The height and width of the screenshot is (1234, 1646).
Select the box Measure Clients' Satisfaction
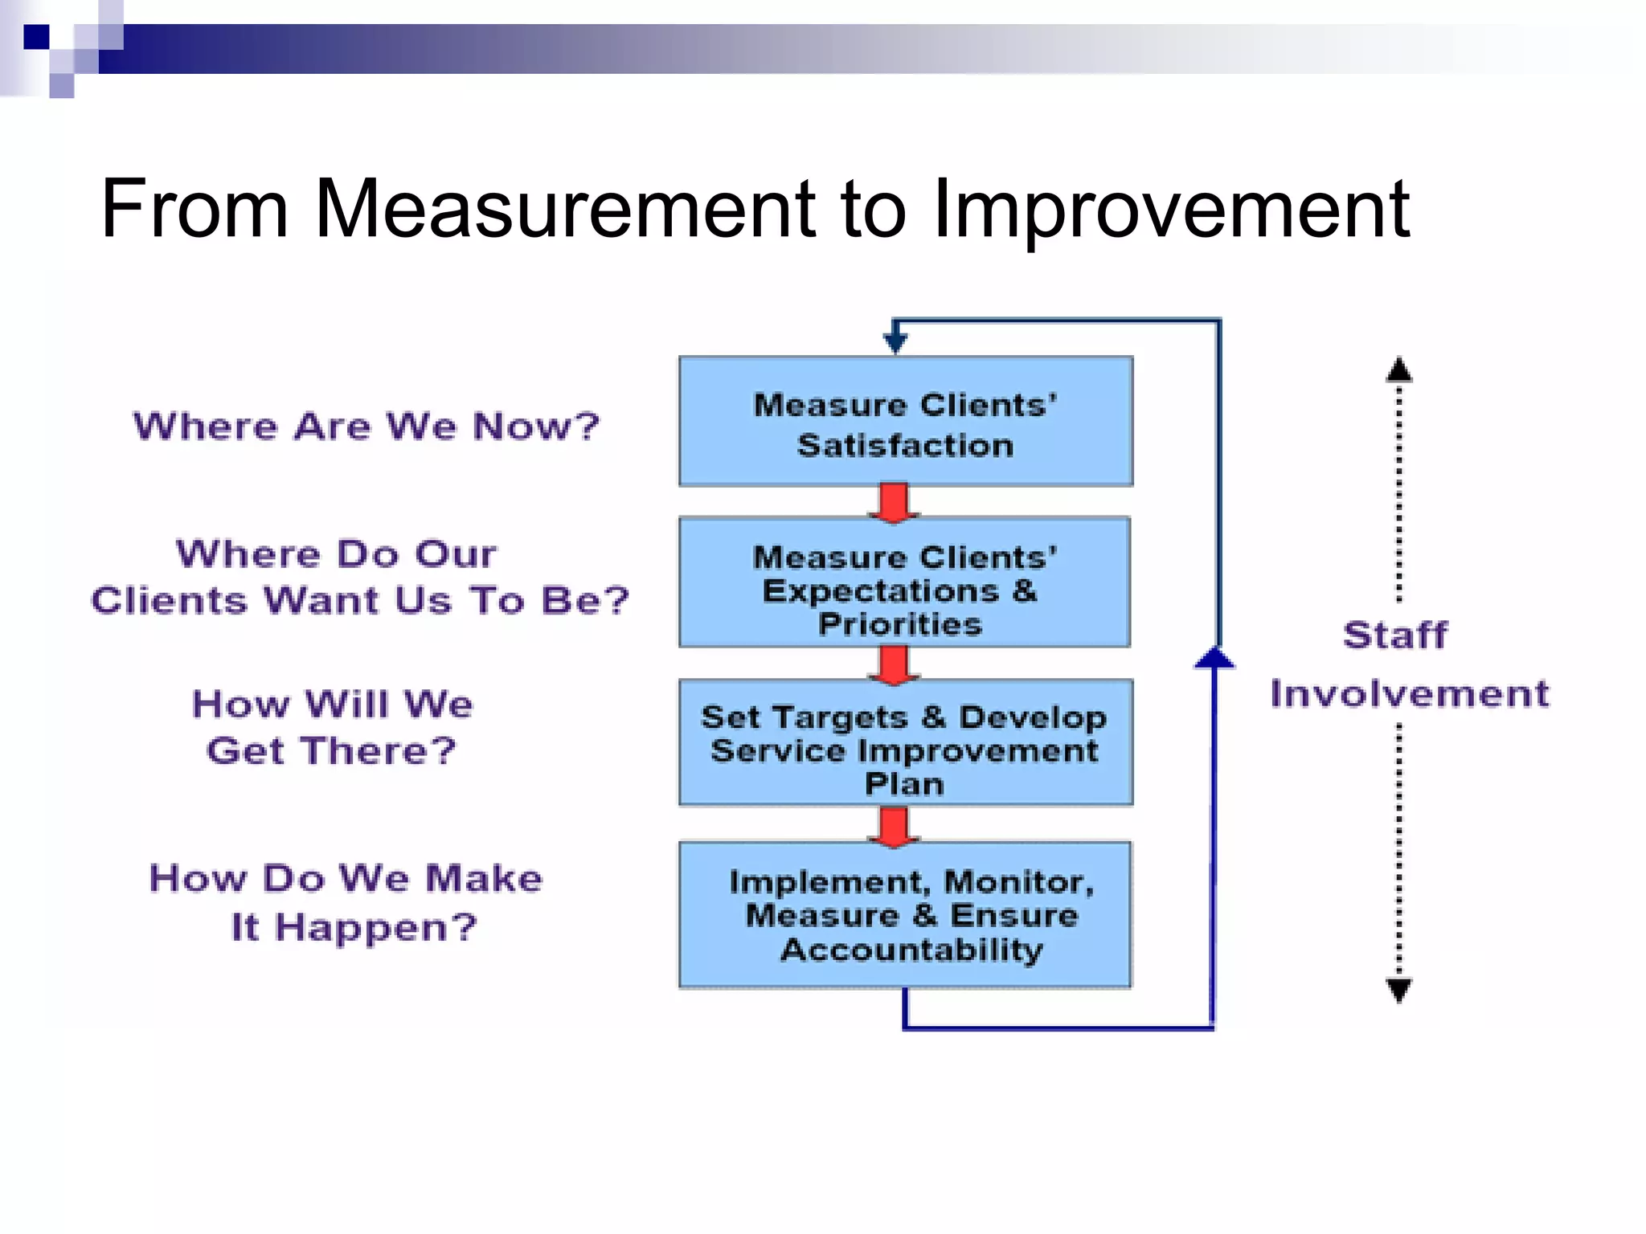tap(906, 422)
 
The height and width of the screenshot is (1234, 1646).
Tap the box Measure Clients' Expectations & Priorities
tap(904, 582)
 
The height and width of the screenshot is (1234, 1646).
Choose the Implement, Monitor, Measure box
tap(905, 915)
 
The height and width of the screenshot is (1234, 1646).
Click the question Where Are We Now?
tap(366, 426)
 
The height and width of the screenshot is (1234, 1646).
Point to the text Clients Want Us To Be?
tap(360, 600)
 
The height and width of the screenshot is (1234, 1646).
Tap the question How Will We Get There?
tap(332, 727)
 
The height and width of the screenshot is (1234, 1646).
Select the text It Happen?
tap(354, 927)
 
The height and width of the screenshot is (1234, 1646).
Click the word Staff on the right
tap(1395, 635)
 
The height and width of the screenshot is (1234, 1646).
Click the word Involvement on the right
tap(1410, 694)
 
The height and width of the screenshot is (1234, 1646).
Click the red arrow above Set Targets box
tap(894, 665)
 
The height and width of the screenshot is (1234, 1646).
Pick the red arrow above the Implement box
tap(894, 826)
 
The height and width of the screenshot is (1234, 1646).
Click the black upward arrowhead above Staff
tap(1399, 370)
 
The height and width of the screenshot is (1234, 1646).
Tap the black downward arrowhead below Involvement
tap(1399, 990)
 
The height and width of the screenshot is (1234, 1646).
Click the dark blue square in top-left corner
tap(36, 37)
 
